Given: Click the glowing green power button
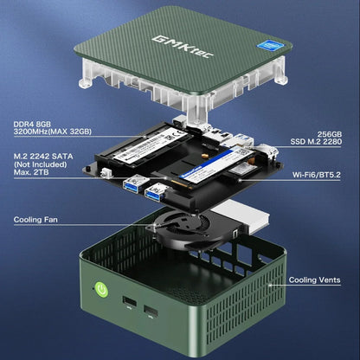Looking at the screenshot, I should click(101, 290).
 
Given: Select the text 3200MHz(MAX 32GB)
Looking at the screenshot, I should click(53, 132).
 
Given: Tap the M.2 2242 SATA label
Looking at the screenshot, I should click(42, 157).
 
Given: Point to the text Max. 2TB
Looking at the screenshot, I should click(33, 176).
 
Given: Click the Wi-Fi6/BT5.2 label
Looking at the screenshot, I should click(316, 176).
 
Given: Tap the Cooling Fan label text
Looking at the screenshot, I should click(37, 220).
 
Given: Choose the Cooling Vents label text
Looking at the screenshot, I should click(314, 280).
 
